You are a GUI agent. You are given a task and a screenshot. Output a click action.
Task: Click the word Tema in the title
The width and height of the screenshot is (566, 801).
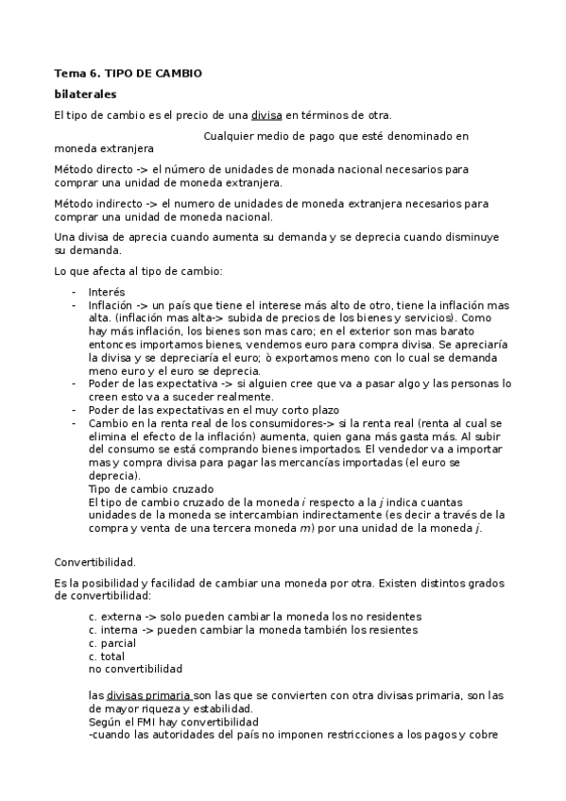pyautogui.click(x=69, y=73)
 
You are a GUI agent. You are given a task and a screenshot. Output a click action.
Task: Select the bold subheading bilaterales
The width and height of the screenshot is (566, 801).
pyautogui.click(x=85, y=94)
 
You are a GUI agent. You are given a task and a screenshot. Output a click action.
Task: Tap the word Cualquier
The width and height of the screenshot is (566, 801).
pyautogui.click(x=232, y=136)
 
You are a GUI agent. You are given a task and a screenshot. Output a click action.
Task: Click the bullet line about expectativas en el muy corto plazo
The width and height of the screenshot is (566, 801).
pyautogui.click(x=188, y=411)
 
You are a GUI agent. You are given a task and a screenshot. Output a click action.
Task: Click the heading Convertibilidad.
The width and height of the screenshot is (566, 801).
pyautogui.click(x=94, y=561)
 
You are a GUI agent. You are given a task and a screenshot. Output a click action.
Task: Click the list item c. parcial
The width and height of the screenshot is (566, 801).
pyautogui.click(x=111, y=642)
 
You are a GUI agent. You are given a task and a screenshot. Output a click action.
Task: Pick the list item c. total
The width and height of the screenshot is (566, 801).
pyautogui.click(x=106, y=656)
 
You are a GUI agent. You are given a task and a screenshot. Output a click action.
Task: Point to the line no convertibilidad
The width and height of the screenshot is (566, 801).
pyautogui.click(x=135, y=669)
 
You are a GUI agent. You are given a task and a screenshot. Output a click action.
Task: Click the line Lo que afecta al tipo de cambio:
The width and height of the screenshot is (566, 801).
pyautogui.click(x=137, y=272)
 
